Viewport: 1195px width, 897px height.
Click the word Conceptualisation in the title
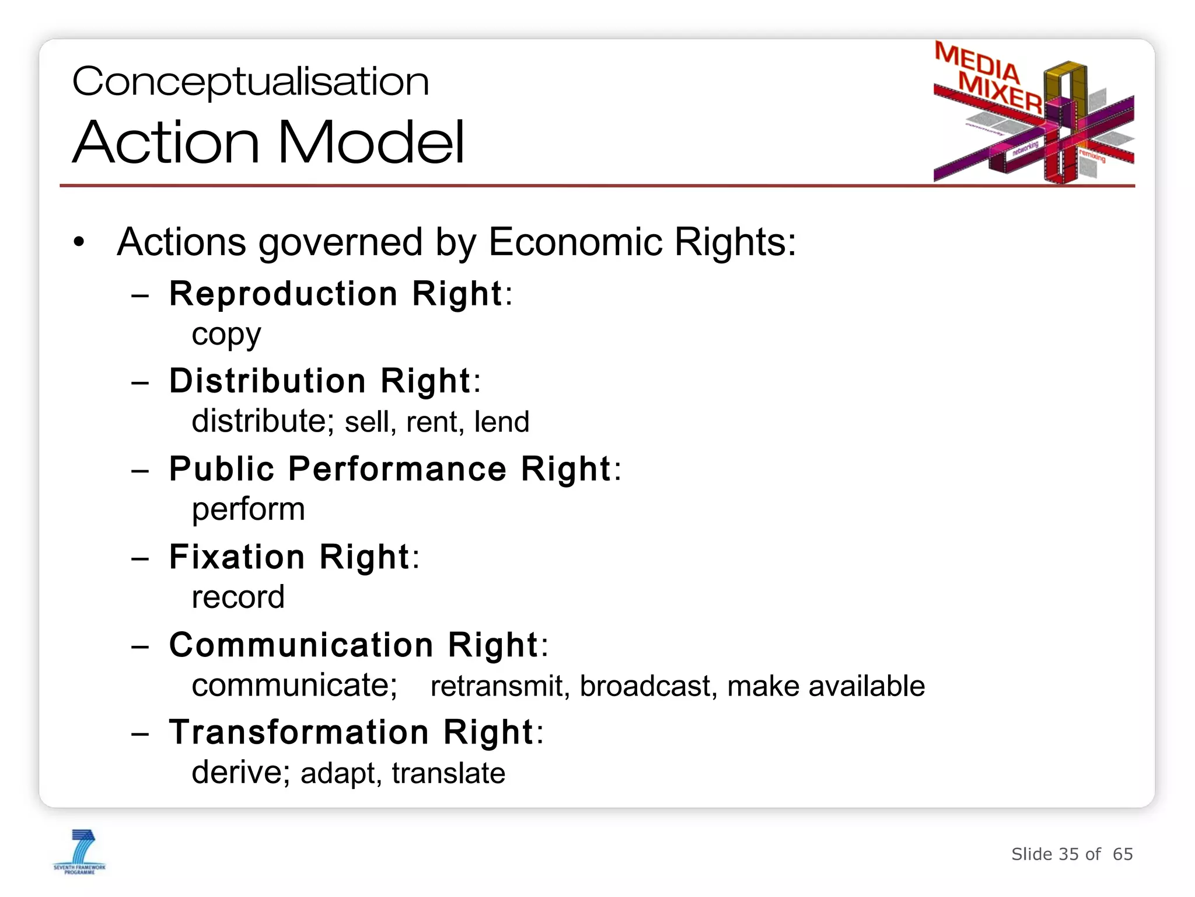point(250,82)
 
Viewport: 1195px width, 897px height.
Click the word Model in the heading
point(371,142)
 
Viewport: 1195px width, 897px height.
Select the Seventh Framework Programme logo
point(79,851)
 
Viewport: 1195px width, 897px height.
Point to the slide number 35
point(1068,854)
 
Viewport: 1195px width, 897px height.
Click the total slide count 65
point(1123,854)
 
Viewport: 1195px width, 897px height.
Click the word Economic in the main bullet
point(575,242)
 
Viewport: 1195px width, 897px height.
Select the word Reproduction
point(283,293)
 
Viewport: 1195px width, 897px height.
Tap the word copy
point(226,335)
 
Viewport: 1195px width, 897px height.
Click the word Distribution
point(268,381)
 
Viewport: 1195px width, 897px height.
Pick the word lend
point(501,422)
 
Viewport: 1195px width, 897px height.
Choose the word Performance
point(397,468)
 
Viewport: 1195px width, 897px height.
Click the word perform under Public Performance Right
point(248,509)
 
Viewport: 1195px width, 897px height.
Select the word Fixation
point(237,557)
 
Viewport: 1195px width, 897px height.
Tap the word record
point(238,597)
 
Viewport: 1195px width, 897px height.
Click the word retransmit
point(499,686)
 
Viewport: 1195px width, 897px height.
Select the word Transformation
point(299,732)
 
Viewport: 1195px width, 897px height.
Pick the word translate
point(448,773)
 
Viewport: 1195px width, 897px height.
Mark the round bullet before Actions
point(79,242)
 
